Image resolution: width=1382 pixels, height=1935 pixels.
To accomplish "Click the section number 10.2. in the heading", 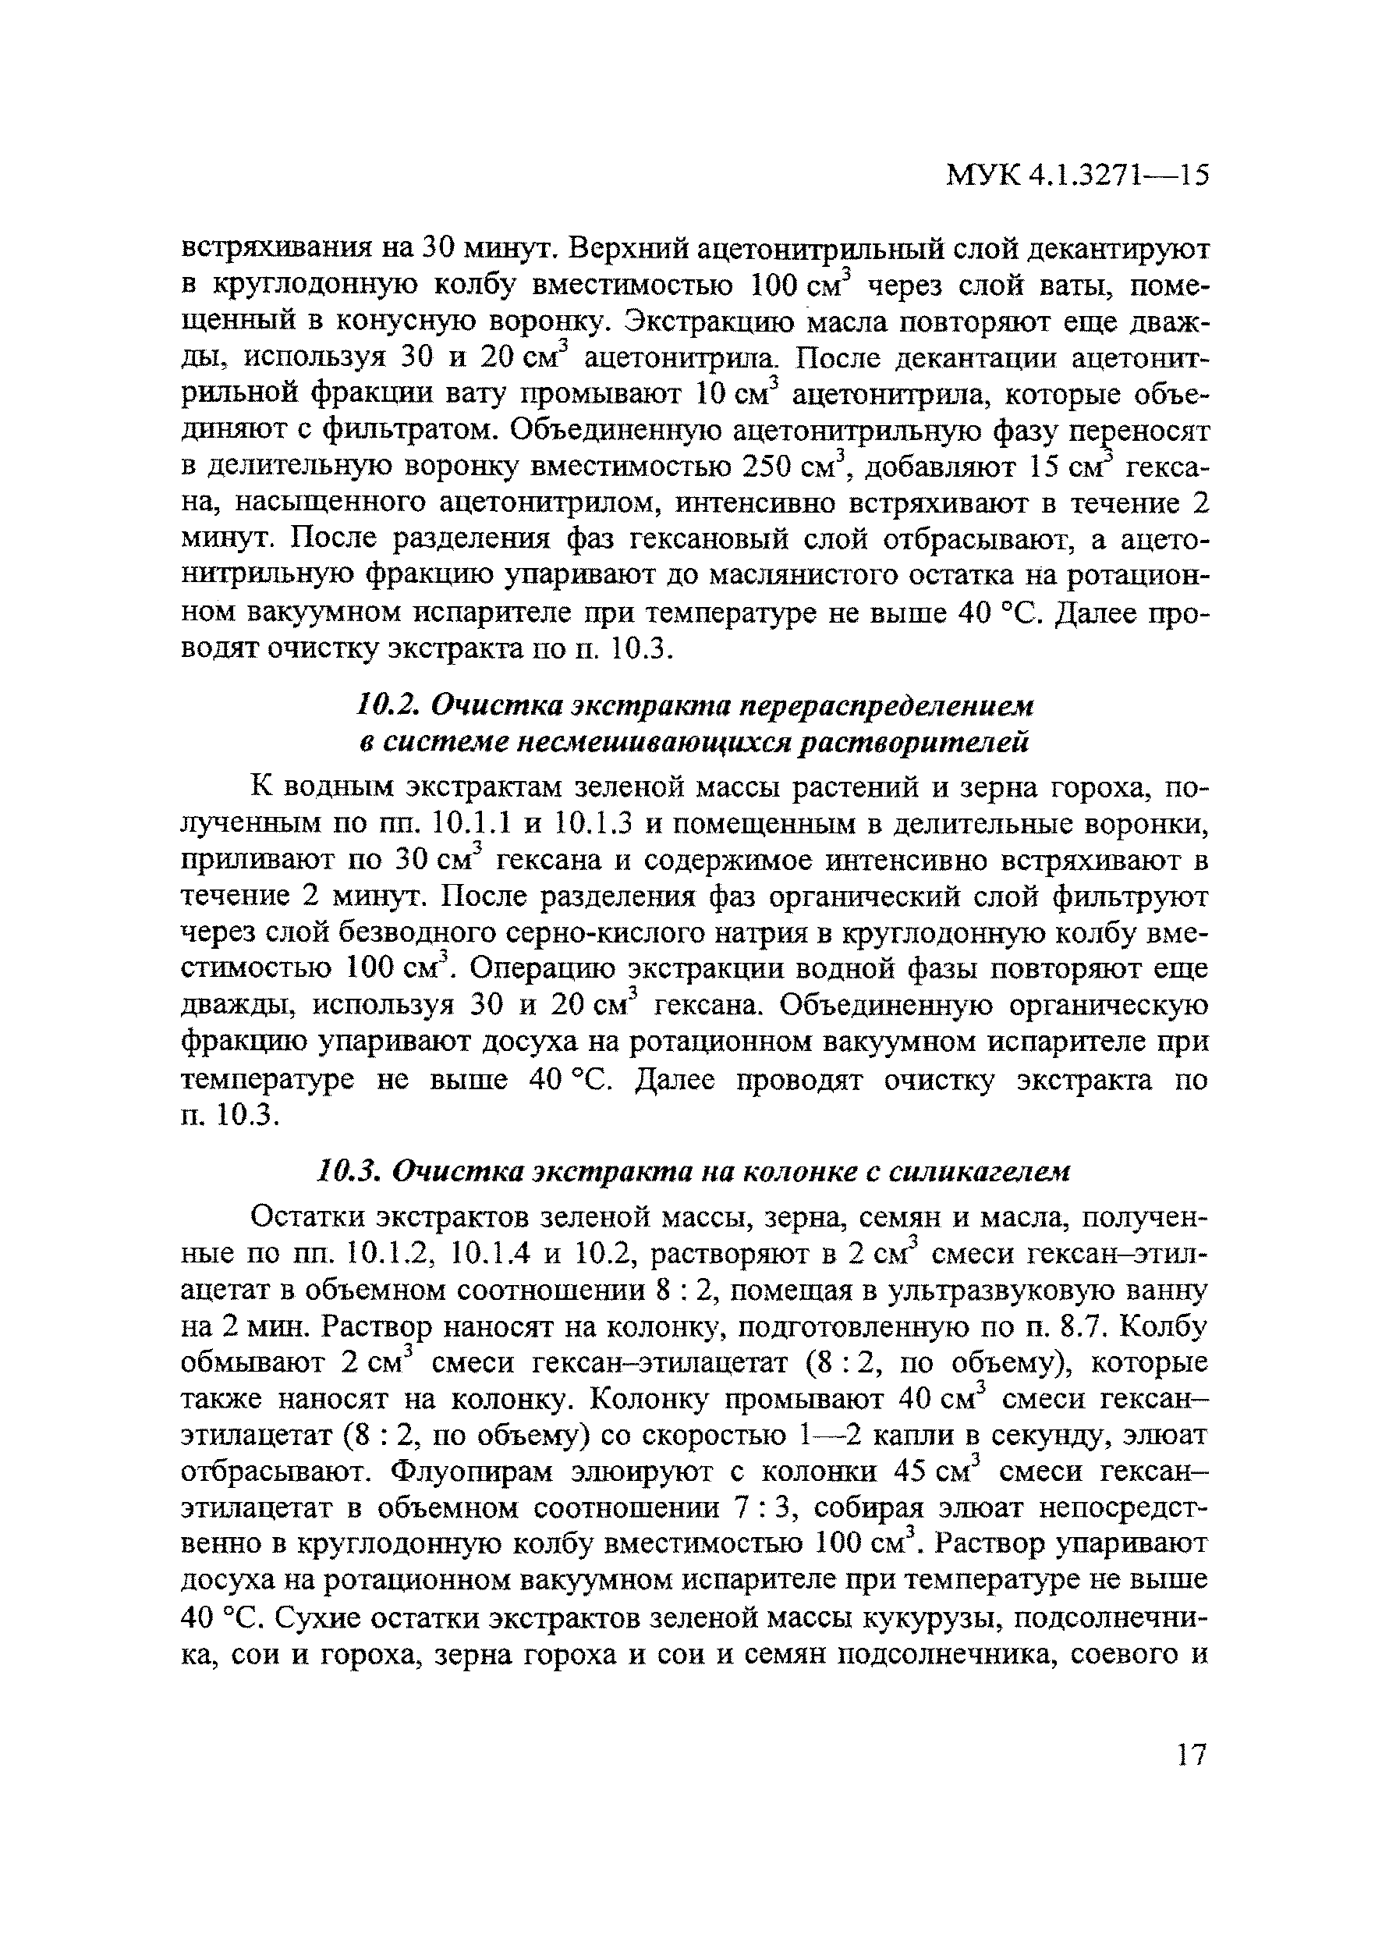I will tap(388, 705).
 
